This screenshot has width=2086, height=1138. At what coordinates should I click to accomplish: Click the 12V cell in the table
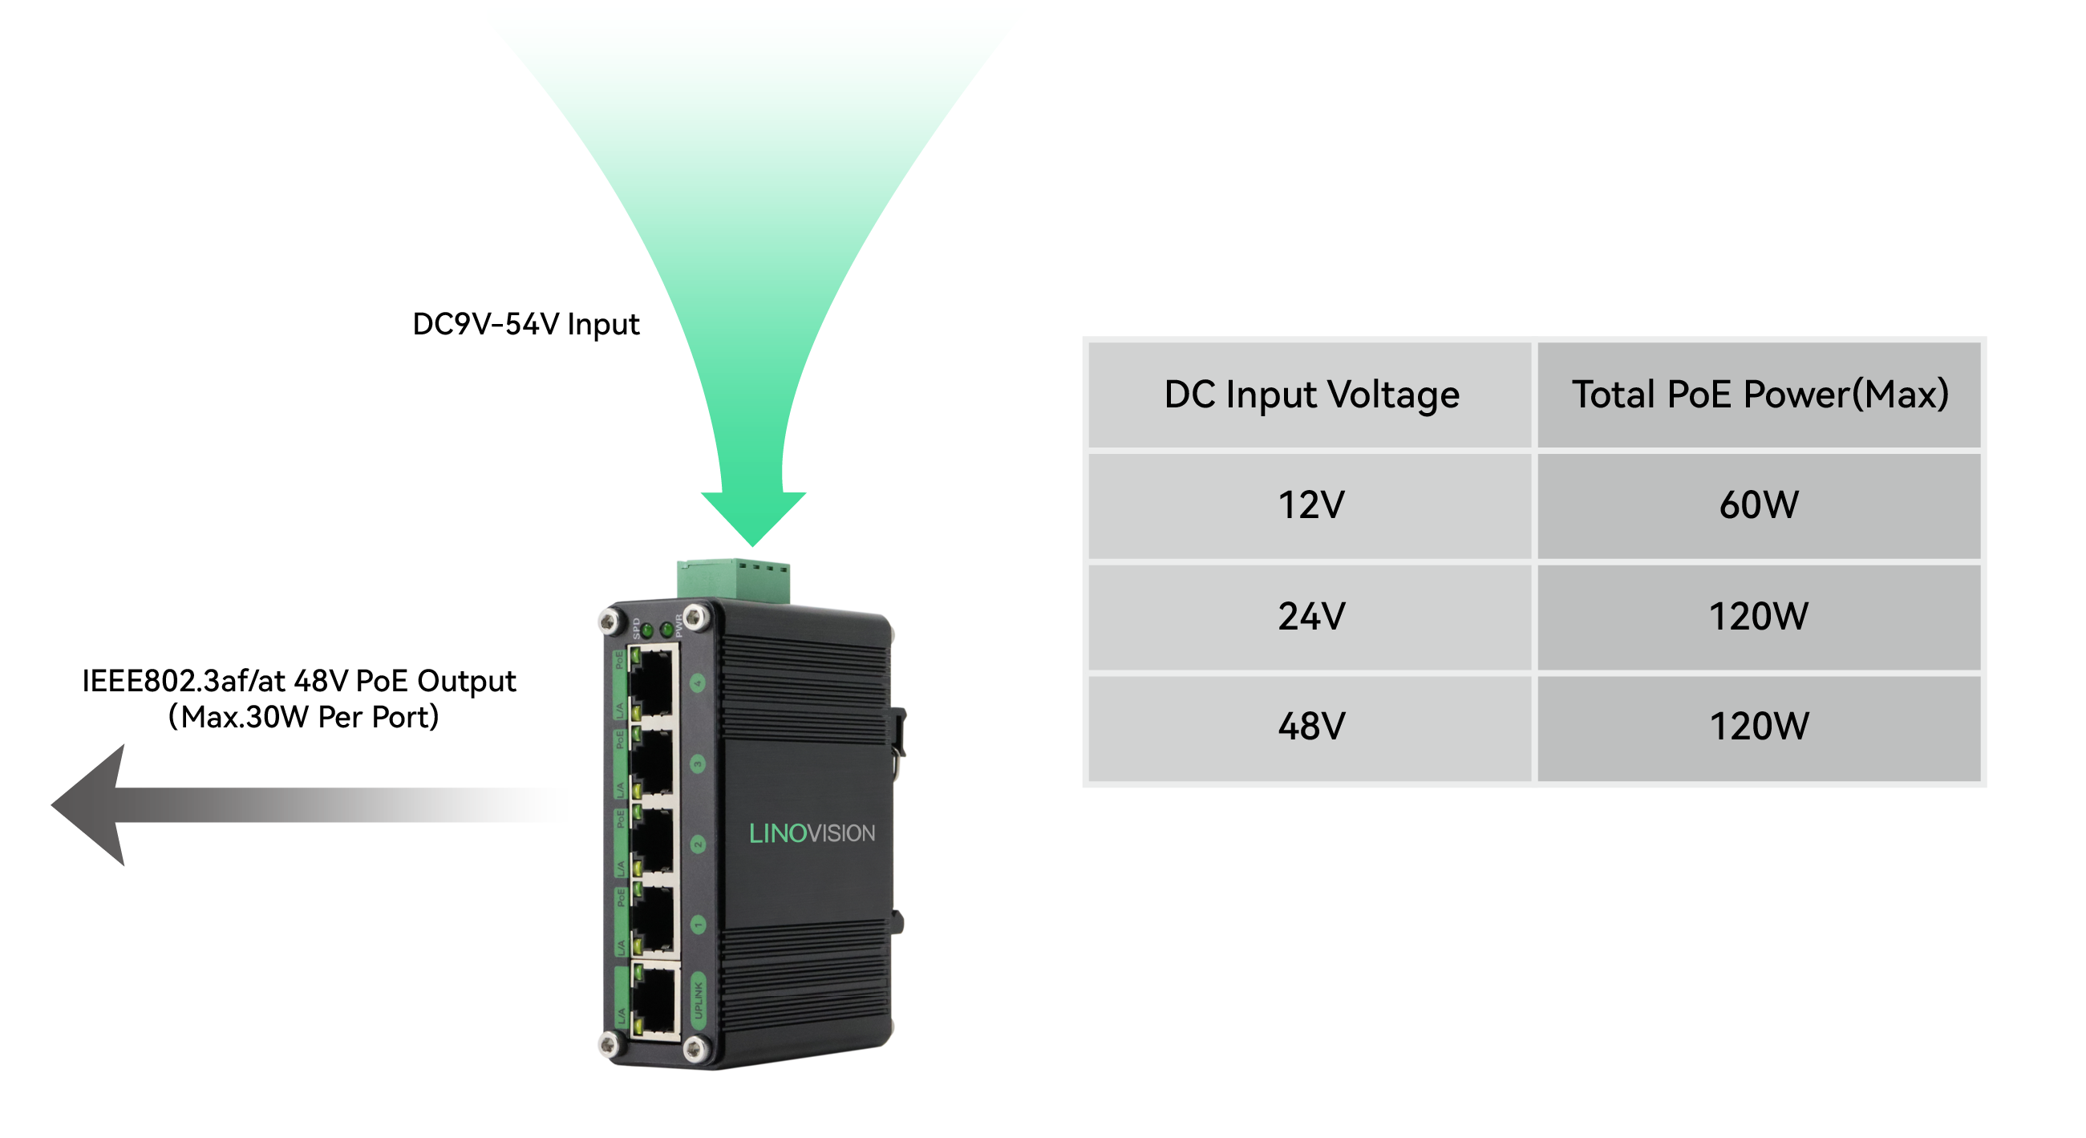pyautogui.click(x=1310, y=505)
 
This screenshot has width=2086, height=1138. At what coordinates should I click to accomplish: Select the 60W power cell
pyautogui.click(x=1759, y=505)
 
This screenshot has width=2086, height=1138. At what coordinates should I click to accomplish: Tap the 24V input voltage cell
pyautogui.click(x=1310, y=617)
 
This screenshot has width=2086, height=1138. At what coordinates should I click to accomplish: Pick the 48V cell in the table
pyautogui.click(x=1310, y=727)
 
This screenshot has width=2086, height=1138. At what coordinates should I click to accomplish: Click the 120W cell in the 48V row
pyautogui.click(x=1759, y=727)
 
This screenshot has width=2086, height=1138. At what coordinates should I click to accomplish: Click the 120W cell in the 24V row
pyautogui.click(x=1759, y=617)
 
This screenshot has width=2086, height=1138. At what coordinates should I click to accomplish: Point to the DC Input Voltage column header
pyautogui.click(x=1310, y=395)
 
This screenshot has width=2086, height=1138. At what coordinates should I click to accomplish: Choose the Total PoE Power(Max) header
pyautogui.click(x=1759, y=395)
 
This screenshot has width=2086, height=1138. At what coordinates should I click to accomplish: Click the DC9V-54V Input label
pyautogui.click(x=525, y=324)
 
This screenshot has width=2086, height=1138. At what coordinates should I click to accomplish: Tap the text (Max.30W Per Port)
pyautogui.click(x=303, y=717)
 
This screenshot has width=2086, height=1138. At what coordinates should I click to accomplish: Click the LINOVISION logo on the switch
pyautogui.click(x=812, y=832)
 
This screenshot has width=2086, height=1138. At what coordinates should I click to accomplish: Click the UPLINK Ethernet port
pyautogui.click(x=654, y=1000)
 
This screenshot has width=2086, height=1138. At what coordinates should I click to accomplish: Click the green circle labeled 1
pyautogui.click(x=698, y=924)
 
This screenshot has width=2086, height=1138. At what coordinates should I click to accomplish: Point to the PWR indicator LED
pyautogui.click(x=666, y=629)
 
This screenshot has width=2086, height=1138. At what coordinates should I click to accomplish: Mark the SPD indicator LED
pyautogui.click(x=647, y=630)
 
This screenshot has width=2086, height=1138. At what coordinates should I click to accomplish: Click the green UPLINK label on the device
pyautogui.click(x=698, y=1001)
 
